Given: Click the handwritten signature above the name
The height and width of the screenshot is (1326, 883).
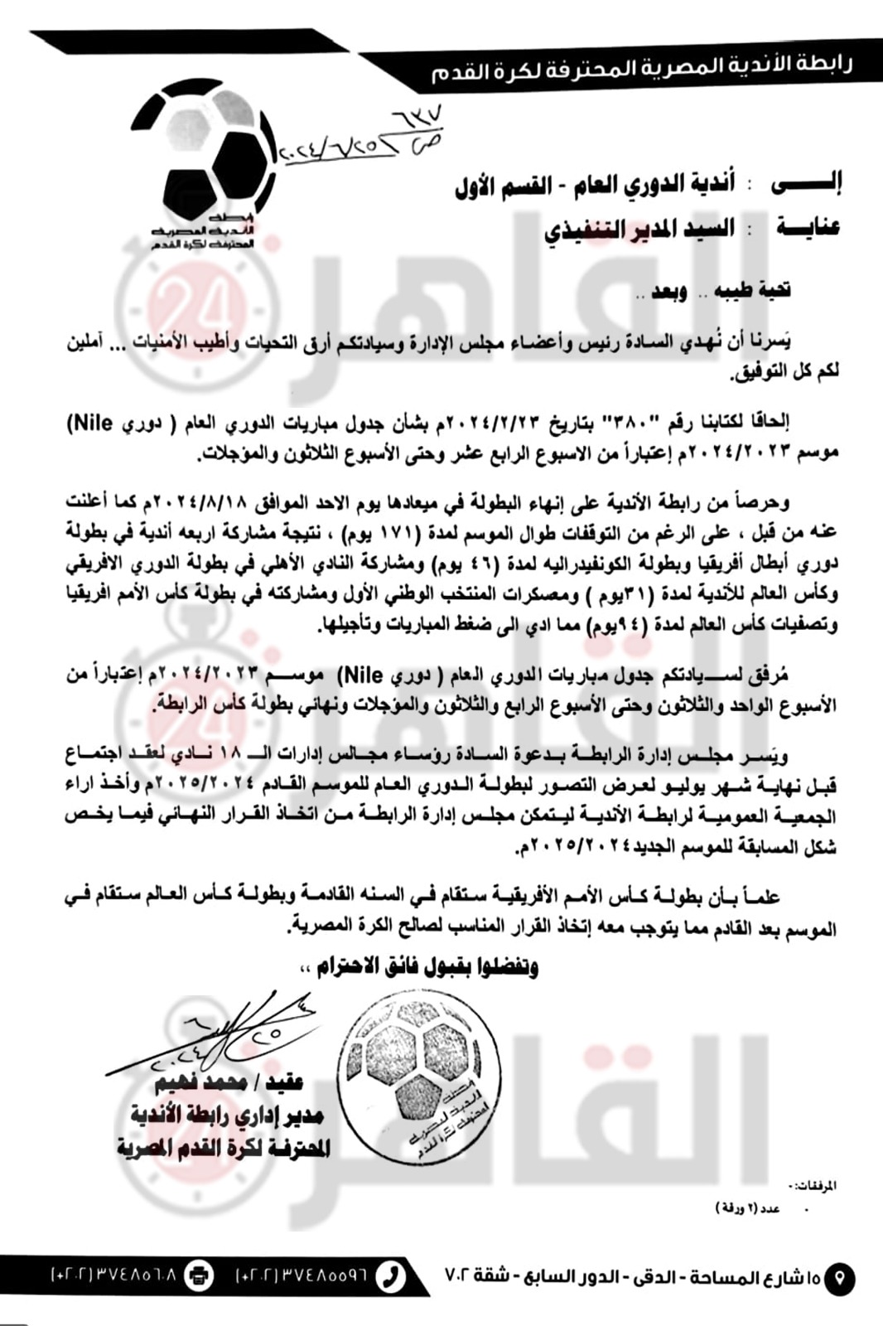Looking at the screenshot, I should (215, 1032).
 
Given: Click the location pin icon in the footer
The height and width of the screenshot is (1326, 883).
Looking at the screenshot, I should (839, 1277).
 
